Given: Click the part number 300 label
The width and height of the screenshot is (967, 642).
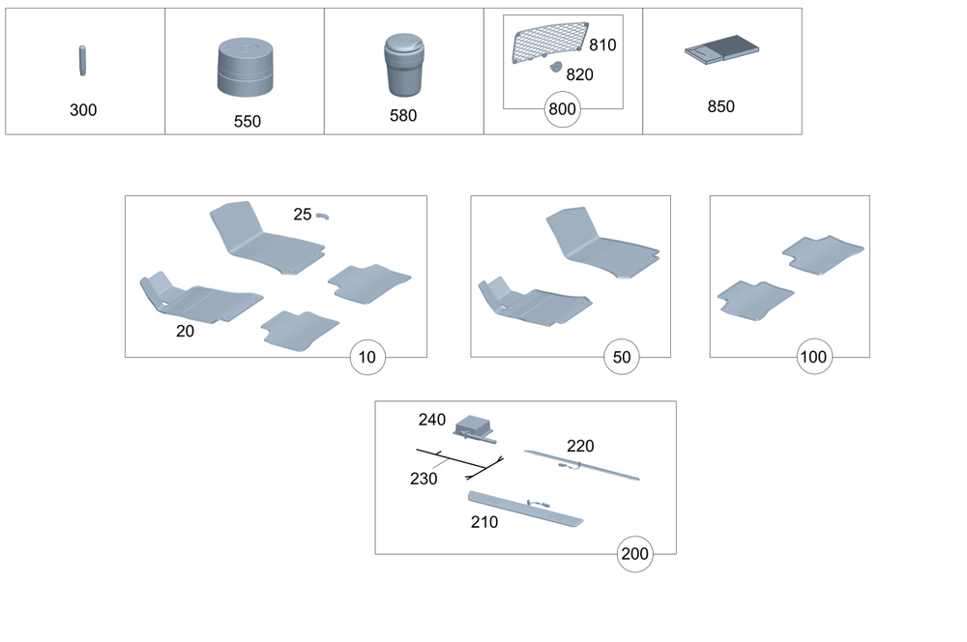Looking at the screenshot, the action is (83, 110).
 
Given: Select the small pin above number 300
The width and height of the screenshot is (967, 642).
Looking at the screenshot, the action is (83, 60).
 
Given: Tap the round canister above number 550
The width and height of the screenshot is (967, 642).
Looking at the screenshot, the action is (244, 68).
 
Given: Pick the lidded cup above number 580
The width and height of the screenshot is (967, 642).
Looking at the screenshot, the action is (402, 66).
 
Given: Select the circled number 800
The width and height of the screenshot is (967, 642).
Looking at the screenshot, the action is (562, 108).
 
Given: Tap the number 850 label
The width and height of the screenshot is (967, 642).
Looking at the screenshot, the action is (721, 106).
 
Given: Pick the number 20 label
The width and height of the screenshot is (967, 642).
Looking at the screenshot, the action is (184, 331).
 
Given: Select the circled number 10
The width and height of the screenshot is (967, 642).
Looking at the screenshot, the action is (367, 358).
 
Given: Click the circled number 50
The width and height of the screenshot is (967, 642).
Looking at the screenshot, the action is (622, 358).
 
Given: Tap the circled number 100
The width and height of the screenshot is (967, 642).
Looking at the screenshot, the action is (813, 358).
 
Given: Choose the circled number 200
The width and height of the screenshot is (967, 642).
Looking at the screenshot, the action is (635, 554).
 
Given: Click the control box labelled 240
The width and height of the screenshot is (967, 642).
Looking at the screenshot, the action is (474, 425).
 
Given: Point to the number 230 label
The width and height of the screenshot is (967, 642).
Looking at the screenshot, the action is (424, 478).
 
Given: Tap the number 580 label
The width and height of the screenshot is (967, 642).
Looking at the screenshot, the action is (402, 116).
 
